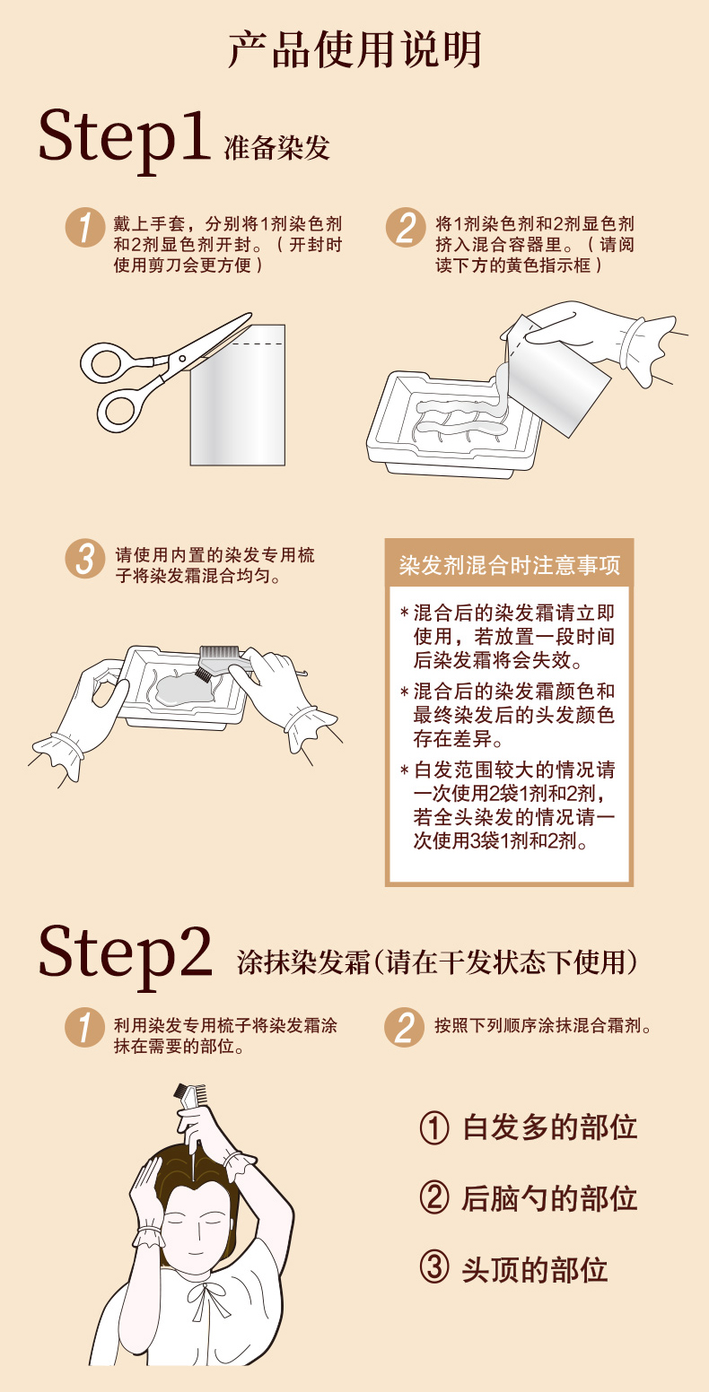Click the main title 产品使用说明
pos(355,49)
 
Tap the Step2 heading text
pos(126,954)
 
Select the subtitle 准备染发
pos(276,149)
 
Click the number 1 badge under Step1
pos(85,227)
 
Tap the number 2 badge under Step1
pos(406,227)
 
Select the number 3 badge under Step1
pos(85,558)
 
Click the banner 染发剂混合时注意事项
pos(510,565)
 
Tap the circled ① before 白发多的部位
pos(433,1127)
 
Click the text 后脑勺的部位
pos(549,1199)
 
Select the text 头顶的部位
pos(534,1270)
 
